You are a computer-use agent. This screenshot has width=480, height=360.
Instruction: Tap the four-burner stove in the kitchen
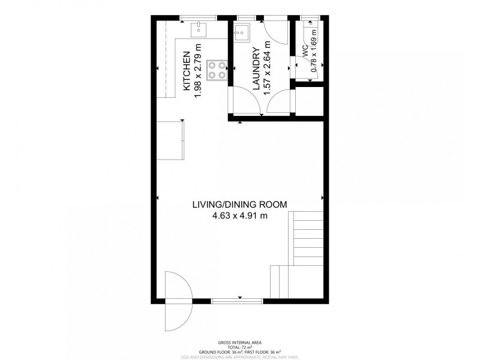click(x=217, y=70)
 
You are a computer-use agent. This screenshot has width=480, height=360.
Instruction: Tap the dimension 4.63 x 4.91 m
click(x=239, y=217)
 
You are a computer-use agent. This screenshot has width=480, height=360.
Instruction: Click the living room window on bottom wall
click(x=239, y=299)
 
